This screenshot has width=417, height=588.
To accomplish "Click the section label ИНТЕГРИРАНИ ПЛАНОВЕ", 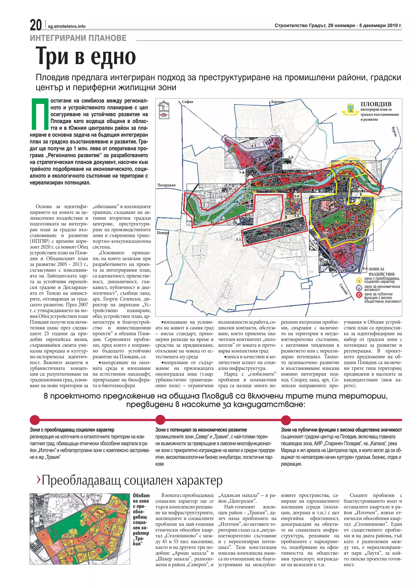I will (x=78, y=38).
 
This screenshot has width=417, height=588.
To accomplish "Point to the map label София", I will (x=188, y=102).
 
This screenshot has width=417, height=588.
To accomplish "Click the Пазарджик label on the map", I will (x=166, y=185).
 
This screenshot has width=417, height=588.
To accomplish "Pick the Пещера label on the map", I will (x=163, y=233).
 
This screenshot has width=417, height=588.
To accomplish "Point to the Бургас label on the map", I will (x=394, y=131).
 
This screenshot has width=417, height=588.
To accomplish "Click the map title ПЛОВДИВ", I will (x=376, y=104).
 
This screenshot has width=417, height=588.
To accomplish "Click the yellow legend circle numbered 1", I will (x=359, y=280).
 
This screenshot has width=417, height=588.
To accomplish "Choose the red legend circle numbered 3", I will (x=359, y=295).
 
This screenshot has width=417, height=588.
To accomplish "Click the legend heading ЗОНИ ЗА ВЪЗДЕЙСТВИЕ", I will (x=380, y=272).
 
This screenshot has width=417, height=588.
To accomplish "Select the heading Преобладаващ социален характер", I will (x=132, y=480).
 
